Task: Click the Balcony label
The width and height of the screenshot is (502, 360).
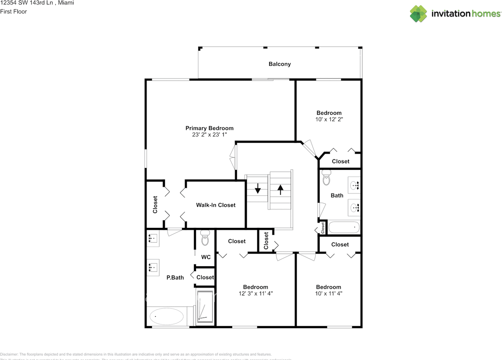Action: pos(280,64)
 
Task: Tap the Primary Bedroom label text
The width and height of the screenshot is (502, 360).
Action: pos(209,128)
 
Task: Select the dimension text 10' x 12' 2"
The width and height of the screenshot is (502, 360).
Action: pos(329,119)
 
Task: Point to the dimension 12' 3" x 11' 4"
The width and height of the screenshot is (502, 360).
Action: pos(255,293)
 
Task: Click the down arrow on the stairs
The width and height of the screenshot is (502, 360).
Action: pos(258,189)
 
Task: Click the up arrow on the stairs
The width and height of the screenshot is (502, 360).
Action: pos(280,189)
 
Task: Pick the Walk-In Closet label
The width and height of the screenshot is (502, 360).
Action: pos(216,205)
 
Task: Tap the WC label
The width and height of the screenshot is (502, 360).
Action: pos(206,257)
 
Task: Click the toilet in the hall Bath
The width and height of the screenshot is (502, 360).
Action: pos(326,179)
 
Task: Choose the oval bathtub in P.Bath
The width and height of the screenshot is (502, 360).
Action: pos(166,316)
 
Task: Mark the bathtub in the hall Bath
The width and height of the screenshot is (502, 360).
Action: pos(344,227)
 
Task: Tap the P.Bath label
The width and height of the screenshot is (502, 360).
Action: pos(175,278)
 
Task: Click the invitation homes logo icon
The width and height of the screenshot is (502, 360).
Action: pos(418,14)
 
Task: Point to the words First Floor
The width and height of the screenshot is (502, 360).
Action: pos(14,12)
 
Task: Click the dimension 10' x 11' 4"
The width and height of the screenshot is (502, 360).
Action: pos(329,293)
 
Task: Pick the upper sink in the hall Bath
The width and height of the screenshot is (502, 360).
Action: pos(355,185)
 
